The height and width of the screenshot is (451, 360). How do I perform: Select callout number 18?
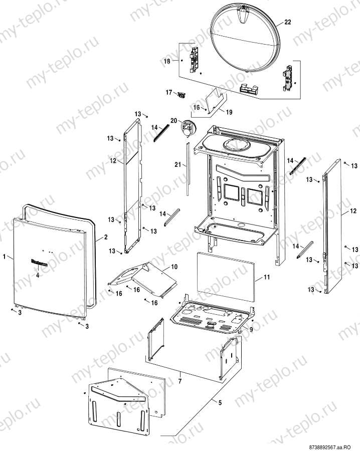[167, 61]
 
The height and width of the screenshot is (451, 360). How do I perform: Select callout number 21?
[177, 165]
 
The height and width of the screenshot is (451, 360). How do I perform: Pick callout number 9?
[252, 329]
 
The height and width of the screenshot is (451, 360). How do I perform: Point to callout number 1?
[5, 257]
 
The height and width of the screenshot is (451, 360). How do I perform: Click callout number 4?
[37, 275]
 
